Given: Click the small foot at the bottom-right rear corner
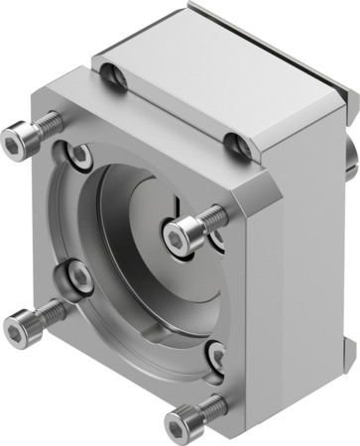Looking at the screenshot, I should coord(348,346).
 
